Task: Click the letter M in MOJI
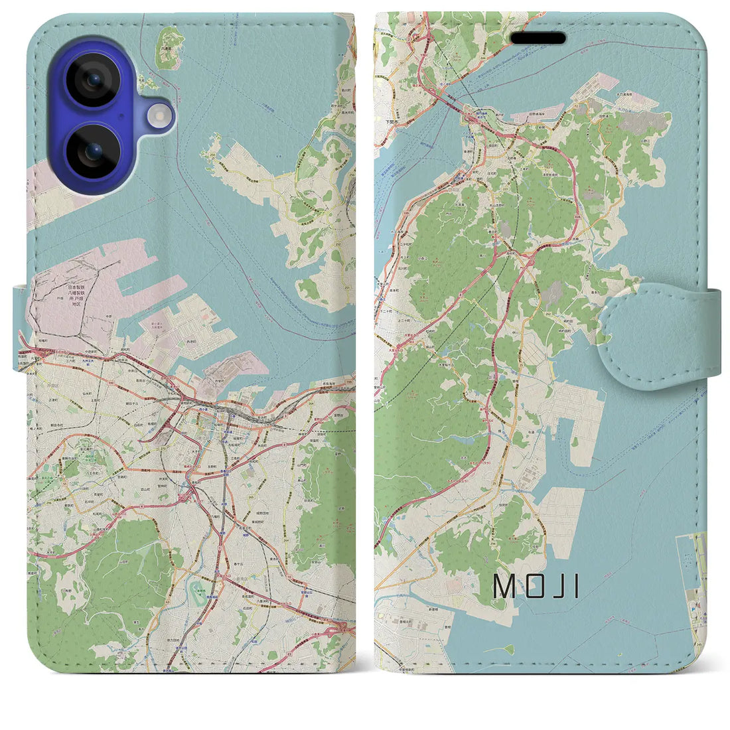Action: pos(502,585)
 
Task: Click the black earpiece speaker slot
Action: pos(538,38)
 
